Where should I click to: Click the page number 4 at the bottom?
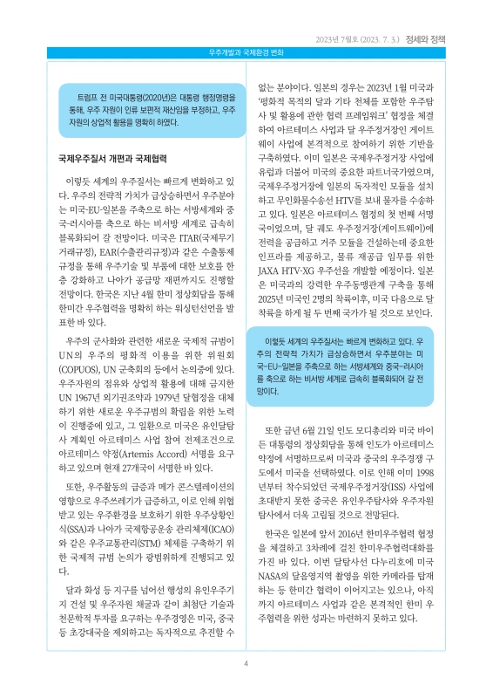(246, 664)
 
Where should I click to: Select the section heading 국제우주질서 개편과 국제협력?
(111, 160)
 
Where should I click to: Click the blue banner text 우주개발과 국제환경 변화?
(246, 53)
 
